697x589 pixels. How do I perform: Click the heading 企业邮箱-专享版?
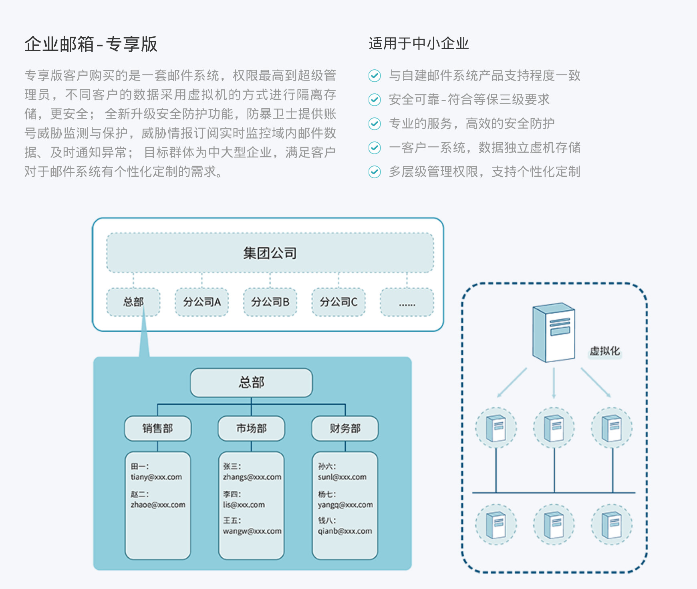tap(91, 44)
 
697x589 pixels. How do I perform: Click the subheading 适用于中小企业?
tap(419, 43)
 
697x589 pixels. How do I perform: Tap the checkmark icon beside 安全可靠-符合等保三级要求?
tap(375, 100)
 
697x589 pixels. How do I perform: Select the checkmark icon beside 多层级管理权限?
tap(375, 172)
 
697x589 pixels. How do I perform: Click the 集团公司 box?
tap(270, 253)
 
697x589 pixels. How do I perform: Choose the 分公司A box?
tap(202, 302)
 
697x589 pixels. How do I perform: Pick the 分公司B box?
tap(270, 302)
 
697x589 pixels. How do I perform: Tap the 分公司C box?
tap(338, 302)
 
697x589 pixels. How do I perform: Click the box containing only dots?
tap(407, 302)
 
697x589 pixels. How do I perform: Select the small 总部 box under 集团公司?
tap(133, 302)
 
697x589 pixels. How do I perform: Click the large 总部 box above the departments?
tap(251, 383)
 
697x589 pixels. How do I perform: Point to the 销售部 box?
tap(157, 428)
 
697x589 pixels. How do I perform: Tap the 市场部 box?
tap(251, 428)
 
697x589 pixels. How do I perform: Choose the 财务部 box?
tap(345, 428)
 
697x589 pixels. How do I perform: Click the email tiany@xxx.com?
tap(156, 477)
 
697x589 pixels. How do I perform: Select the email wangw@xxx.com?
tap(252, 531)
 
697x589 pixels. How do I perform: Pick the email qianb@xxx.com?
tap(345, 531)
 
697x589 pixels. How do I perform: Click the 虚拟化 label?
tap(604, 351)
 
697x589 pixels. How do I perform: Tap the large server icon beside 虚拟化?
tap(554, 332)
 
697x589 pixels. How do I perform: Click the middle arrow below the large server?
tap(554, 383)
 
